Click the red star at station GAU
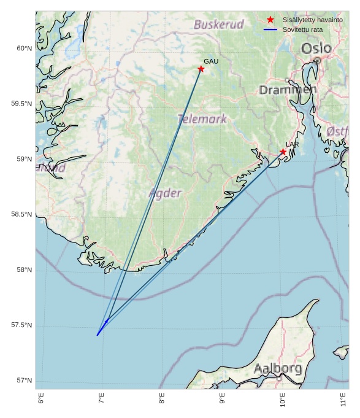pos(201,69)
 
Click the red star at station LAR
pos(283,152)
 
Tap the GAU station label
pos(211,61)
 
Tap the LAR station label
pos(292,144)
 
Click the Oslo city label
pos(316,48)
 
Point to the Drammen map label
pos(288,90)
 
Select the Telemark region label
pos(202,119)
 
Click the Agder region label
pos(165,193)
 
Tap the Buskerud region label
pos(219,25)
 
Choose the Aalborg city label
pos(277,369)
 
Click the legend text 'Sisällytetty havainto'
pos(312,20)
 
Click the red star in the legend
pos(270,20)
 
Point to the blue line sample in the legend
pos(270,29)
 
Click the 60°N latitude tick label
pos(23,48)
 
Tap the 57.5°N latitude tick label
pos(21,325)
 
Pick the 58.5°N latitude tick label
pos(21,214)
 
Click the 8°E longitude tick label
pos(162,399)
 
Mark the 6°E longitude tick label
pos(41,399)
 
